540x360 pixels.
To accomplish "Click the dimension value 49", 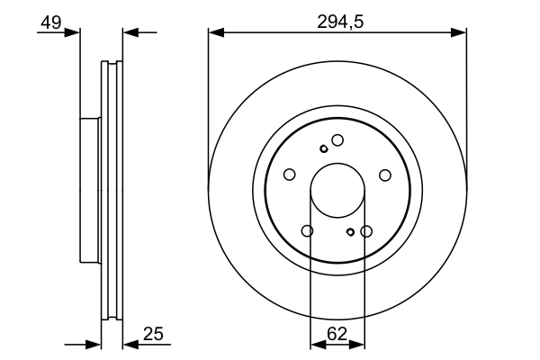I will [50, 23].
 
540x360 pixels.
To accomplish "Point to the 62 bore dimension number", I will [337, 334].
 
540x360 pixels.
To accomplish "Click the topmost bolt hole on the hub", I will [337, 139].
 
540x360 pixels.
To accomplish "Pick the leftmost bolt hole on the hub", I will [290, 175].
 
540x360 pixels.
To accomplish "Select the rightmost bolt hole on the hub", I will [385, 175].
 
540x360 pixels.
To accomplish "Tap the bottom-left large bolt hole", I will [308, 231].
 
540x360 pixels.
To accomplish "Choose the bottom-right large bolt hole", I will [366, 231].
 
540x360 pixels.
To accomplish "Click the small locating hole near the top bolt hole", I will [324, 148].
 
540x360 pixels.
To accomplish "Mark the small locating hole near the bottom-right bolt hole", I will [351, 232].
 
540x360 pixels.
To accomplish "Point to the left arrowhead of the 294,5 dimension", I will [214, 33].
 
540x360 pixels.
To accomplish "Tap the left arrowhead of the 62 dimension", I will [316, 344].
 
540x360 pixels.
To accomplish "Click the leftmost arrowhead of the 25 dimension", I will [94, 344].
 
